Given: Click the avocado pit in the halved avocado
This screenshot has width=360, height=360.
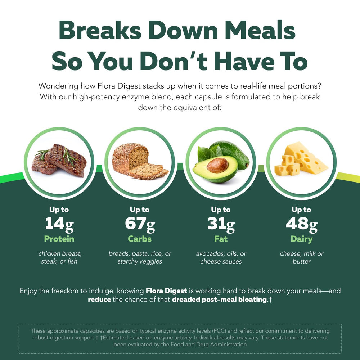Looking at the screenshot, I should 217,165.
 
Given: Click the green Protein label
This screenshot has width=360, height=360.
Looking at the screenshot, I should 59,239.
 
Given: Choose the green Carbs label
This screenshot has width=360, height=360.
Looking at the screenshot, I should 140,239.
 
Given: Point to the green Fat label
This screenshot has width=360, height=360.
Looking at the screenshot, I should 221,239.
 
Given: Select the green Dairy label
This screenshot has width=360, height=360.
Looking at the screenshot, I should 301,239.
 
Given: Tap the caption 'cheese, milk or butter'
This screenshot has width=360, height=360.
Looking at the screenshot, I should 301,257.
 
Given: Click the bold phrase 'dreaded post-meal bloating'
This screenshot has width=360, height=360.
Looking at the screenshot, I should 219,300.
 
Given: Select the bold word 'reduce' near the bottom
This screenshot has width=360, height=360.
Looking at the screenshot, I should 99,300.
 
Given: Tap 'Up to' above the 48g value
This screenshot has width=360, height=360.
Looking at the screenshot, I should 301,210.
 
